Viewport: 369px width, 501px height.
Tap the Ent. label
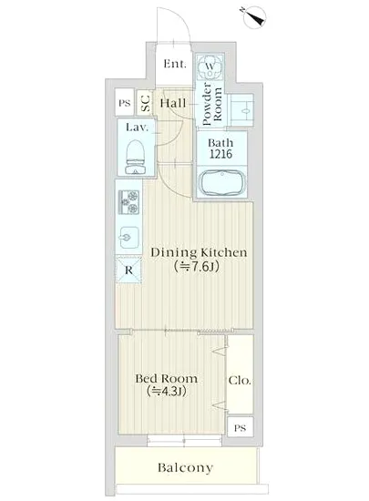tap(174, 64)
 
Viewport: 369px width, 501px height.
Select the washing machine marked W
tap(210, 66)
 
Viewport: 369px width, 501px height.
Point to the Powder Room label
tap(212, 104)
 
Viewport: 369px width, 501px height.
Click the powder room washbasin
tap(242, 110)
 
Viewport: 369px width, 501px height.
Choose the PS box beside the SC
tap(125, 103)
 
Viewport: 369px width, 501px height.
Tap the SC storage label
tap(146, 103)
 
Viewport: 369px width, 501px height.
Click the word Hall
tap(173, 103)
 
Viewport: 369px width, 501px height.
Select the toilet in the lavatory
tap(136, 158)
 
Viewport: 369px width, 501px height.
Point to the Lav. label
tap(137, 128)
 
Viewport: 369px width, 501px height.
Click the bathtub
tap(222, 183)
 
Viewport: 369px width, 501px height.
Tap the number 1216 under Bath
tap(220, 154)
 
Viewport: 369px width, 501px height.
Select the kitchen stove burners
tap(129, 202)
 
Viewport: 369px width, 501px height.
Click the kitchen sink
tap(129, 238)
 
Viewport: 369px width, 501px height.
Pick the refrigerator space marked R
tap(128, 270)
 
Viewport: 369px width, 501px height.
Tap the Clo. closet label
tap(240, 380)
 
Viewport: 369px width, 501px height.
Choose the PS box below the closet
tap(240, 427)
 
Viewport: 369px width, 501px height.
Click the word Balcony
tap(185, 468)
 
